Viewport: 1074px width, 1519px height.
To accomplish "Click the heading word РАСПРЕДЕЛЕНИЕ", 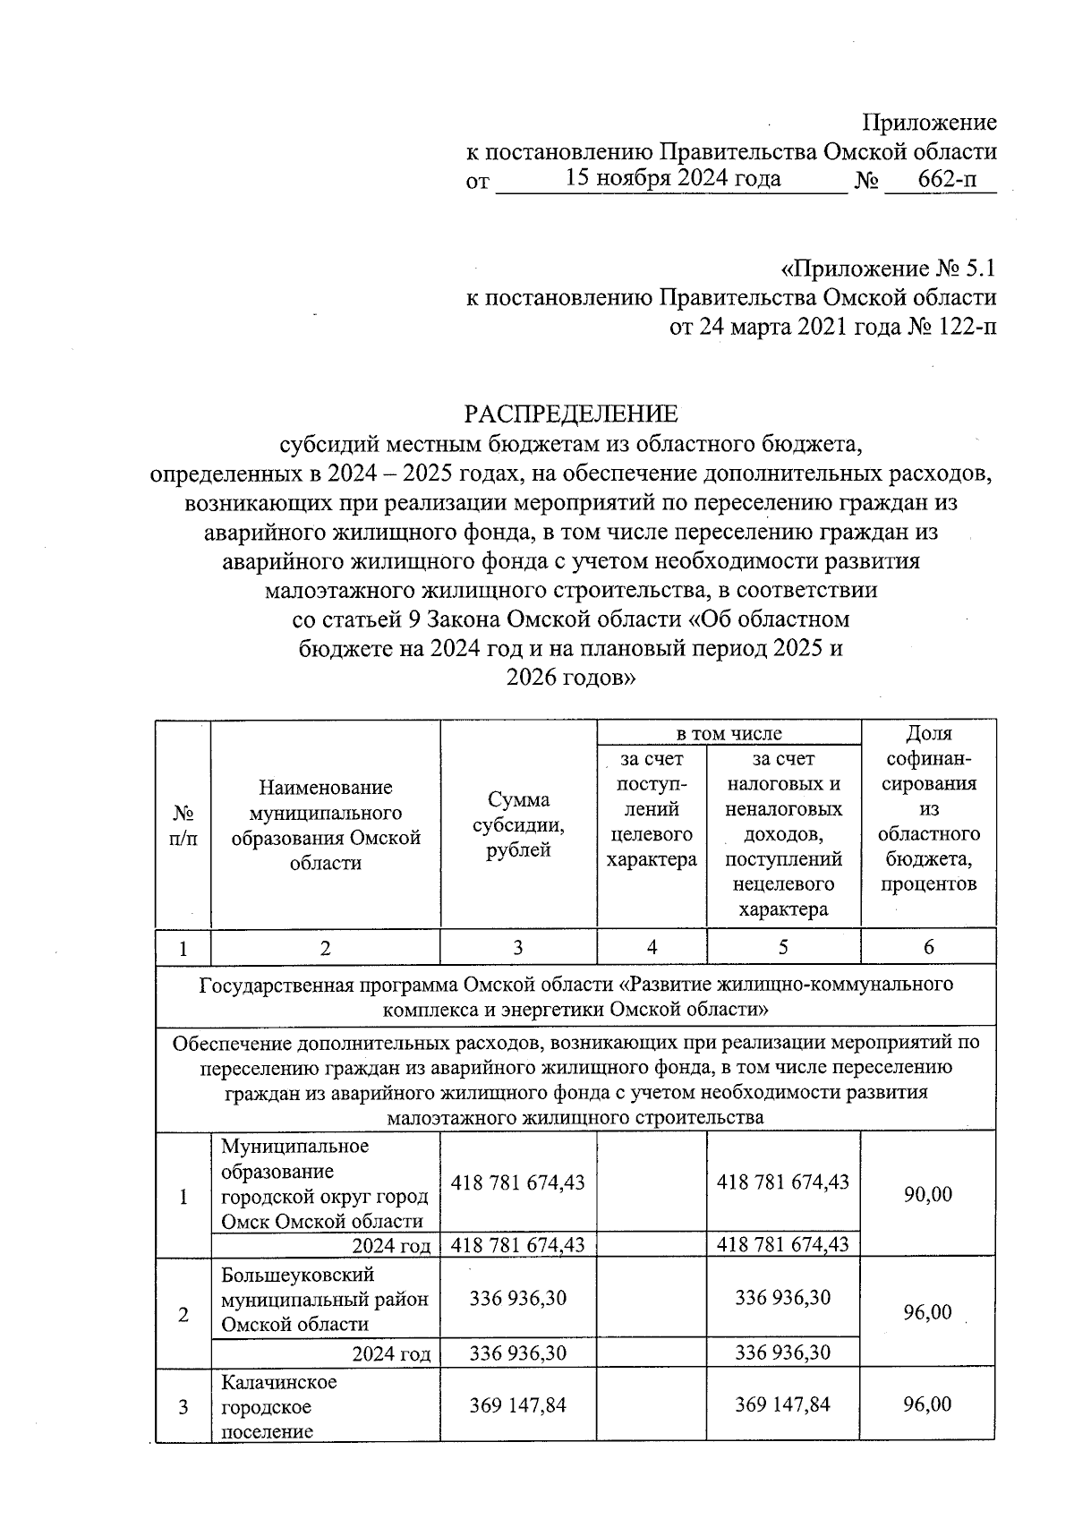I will pos(570,414).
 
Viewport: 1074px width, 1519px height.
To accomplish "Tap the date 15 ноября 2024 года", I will pos(673,178).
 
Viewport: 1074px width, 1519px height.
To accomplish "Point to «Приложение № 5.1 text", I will pos(888,269).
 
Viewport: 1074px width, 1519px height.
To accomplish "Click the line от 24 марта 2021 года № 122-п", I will pos(832,327).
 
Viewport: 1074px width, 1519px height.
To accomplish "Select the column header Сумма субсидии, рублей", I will pos(518,825).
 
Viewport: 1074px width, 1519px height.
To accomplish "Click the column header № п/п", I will pos(183,825).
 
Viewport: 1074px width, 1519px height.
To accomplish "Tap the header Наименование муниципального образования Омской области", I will pos(325,825).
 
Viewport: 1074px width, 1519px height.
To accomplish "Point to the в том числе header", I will pos(729,733).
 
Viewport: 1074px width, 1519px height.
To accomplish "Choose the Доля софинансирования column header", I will pos(928,808).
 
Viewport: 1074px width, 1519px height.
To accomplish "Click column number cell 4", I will pos(652,947).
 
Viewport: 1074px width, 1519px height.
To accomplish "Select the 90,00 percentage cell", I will pos(928,1194).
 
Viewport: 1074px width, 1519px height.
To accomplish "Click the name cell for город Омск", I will pos(325,1183).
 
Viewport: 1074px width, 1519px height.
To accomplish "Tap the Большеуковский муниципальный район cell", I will pos(325,1299).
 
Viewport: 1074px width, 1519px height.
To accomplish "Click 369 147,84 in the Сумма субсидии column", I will pos(518,1405).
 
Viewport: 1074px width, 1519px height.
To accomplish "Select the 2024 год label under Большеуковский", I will pos(391,1353).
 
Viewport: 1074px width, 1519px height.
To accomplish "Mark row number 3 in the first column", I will pos(183,1406).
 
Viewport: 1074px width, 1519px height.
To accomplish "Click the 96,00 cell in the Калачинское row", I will pos(928,1404).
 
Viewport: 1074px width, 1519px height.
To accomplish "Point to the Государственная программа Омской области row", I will pos(575,996).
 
